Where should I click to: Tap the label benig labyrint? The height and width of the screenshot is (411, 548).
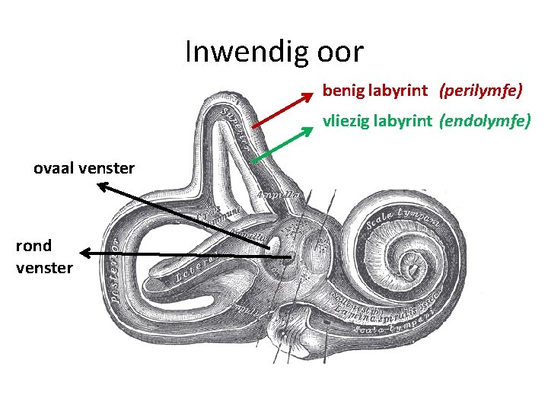click(374, 91)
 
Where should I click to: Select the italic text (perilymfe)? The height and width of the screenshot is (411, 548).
click(480, 91)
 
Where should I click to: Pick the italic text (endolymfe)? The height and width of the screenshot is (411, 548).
click(485, 119)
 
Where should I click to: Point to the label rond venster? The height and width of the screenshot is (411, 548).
click(44, 256)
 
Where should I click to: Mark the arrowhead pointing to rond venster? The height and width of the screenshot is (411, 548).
click(85, 253)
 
